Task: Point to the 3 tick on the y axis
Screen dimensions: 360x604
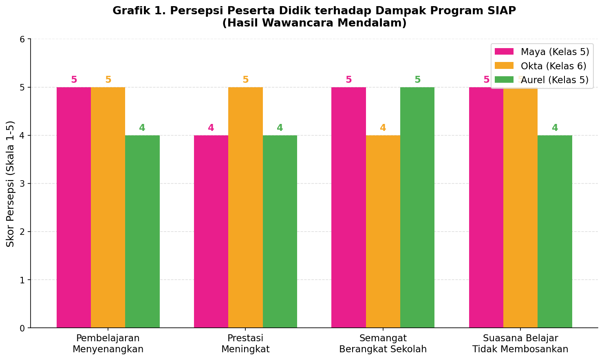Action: [x=22, y=183]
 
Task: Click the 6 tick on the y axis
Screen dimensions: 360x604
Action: [x=22, y=39]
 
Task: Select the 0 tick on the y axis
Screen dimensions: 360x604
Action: [x=22, y=328]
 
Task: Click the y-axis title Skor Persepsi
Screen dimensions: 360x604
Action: [x=11, y=183]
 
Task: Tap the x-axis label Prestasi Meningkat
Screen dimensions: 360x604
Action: [x=245, y=343]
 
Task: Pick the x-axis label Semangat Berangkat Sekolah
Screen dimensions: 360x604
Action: [x=383, y=343]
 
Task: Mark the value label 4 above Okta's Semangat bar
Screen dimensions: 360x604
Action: [x=383, y=128]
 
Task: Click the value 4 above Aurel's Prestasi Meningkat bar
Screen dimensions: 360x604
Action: [x=280, y=128]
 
